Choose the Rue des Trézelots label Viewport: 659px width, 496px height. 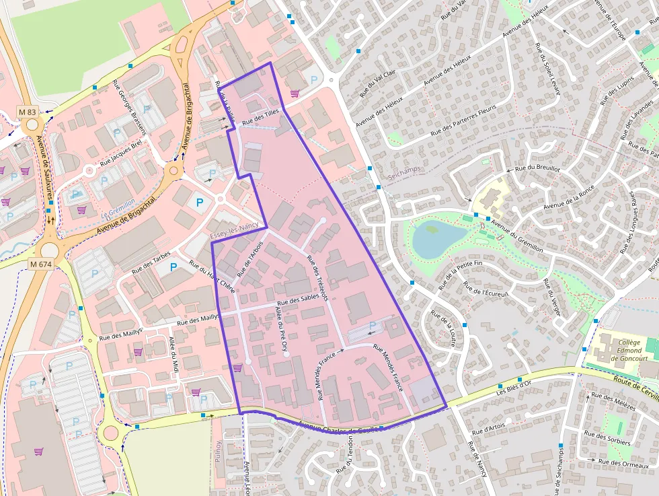pos(316,278)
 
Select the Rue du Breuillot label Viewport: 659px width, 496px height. pos(537,169)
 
